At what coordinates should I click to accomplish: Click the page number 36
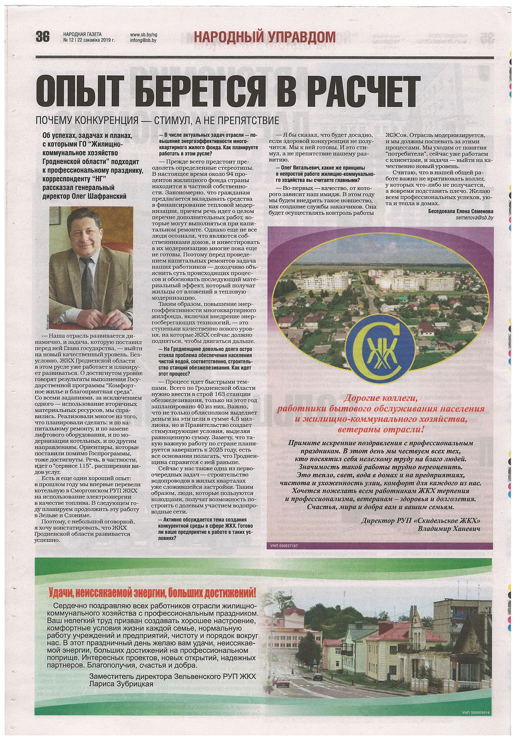point(42,37)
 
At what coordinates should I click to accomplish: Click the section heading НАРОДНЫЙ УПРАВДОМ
point(264,37)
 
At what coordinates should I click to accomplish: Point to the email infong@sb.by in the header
point(143,40)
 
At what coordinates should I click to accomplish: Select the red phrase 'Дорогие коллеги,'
point(380,398)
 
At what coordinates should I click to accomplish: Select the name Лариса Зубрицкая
point(121,684)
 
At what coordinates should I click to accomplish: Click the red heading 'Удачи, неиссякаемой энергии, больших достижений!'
point(152,593)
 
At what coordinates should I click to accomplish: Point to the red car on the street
point(282,683)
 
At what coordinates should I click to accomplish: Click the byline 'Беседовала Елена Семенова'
point(460,210)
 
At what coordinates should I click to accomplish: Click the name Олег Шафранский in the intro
point(99,197)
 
